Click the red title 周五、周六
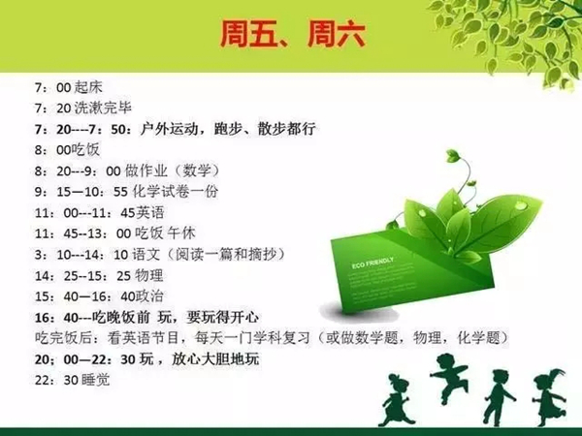point(293,35)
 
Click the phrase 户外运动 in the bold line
point(169,129)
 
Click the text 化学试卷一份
point(176,192)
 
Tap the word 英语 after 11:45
point(150,213)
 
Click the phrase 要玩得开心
point(223,318)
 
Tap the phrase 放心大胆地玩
point(215,359)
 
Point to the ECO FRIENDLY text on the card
point(372,263)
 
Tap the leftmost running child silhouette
point(398,399)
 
